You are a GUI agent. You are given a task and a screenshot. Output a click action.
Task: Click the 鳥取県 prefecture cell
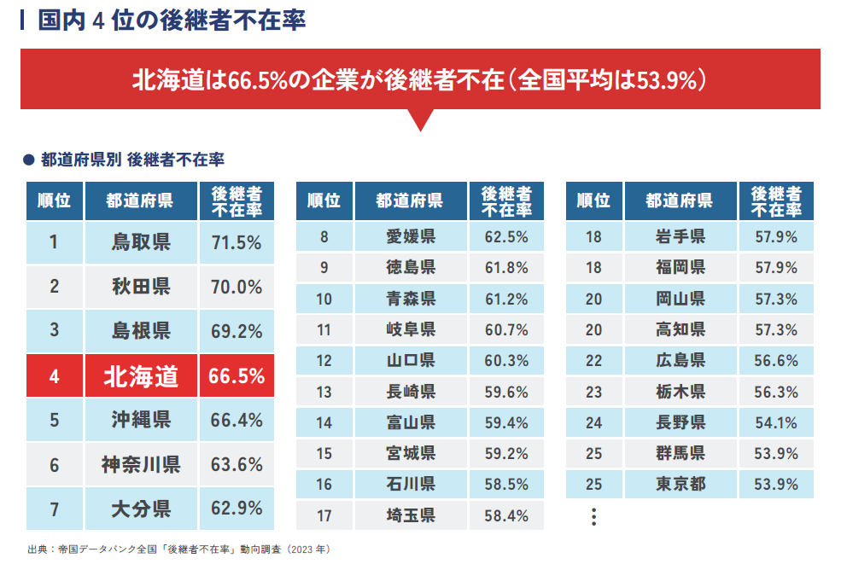[141, 242]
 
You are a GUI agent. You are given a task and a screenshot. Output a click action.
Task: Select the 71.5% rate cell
[237, 242]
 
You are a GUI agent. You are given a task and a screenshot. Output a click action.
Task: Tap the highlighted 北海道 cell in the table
[141, 376]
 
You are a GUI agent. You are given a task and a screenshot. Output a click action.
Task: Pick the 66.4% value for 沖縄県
[237, 420]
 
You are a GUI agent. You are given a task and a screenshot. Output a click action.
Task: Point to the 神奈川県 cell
[141, 465]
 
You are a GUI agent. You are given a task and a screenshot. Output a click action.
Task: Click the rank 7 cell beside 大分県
[54, 509]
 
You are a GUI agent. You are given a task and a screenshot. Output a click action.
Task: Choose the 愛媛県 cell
[411, 236]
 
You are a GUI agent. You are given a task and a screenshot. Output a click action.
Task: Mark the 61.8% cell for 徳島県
[506, 267]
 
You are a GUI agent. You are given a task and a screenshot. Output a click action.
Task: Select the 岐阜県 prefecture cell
[411, 329]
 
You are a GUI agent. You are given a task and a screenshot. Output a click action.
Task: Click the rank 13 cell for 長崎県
[324, 392]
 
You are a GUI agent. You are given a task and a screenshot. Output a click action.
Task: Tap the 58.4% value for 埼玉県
[506, 515]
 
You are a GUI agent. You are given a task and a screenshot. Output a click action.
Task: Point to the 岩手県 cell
[681, 236]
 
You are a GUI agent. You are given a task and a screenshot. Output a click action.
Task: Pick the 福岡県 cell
[681, 267]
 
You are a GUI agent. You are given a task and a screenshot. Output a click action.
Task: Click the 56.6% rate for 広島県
[776, 360]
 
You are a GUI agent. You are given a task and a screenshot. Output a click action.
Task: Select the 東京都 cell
[681, 484]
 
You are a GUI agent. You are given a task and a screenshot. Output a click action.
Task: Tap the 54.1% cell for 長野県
[776, 422]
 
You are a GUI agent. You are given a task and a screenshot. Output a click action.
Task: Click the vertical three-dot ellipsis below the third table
[594, 516]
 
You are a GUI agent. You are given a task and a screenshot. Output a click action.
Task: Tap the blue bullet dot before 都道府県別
[27, 160]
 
